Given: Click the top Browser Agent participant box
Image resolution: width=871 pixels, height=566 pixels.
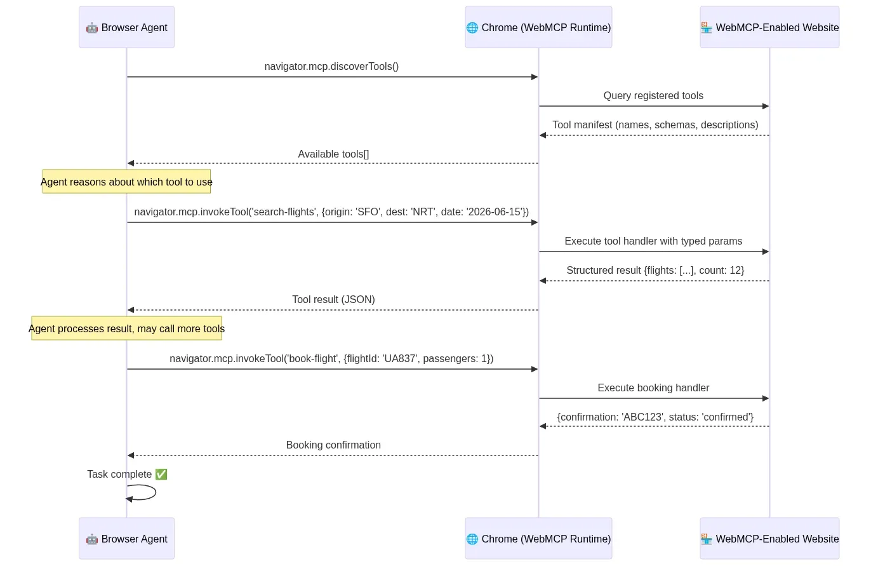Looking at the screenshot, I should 126,27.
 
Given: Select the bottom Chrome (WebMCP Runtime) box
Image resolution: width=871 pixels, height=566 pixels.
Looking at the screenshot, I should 538,539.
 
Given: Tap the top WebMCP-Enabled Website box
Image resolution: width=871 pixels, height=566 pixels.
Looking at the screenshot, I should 769,27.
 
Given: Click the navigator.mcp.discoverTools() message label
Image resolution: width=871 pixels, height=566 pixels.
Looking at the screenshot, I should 331,67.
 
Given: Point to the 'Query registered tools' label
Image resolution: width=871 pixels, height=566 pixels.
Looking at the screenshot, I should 653,96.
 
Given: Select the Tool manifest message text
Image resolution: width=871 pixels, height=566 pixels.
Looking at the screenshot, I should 655,125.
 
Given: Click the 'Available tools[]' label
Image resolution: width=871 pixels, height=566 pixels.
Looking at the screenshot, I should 333,154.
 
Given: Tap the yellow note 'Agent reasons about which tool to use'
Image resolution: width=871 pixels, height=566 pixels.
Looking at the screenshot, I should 126,182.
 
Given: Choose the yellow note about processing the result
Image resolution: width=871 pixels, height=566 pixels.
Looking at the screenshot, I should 126,328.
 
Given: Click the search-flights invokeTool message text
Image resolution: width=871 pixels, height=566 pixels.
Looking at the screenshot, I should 331,212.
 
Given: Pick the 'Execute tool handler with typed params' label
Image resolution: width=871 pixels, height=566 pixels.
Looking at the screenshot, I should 653,241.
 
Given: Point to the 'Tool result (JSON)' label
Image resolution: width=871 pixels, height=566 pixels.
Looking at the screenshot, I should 333,300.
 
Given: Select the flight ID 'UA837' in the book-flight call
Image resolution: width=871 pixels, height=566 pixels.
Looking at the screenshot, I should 400,359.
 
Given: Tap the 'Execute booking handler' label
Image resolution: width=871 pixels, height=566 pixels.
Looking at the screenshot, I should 653,388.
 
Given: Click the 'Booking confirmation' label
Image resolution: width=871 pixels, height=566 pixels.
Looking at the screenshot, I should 333,445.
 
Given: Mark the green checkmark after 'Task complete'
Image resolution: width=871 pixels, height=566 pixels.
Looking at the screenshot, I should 161,475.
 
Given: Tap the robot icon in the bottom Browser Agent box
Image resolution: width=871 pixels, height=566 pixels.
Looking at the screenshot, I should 92,539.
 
